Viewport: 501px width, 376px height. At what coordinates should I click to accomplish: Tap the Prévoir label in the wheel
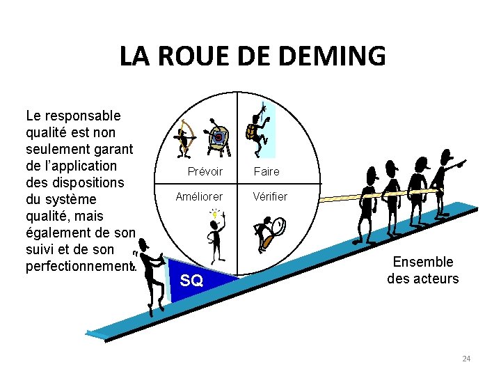205,171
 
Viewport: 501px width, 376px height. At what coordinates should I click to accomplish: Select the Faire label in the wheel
267,171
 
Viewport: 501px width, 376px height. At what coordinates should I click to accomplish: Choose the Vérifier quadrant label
271,196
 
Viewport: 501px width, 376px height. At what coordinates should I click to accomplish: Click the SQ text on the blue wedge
191,281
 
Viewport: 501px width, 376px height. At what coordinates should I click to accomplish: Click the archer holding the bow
185,138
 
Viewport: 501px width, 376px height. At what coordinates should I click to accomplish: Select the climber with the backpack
260,130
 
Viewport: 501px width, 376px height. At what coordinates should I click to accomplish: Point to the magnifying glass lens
278,226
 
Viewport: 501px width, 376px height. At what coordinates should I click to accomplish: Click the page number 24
466,359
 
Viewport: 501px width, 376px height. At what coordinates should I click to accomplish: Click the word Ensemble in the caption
423,262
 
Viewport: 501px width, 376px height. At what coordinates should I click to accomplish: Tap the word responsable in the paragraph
81,116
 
